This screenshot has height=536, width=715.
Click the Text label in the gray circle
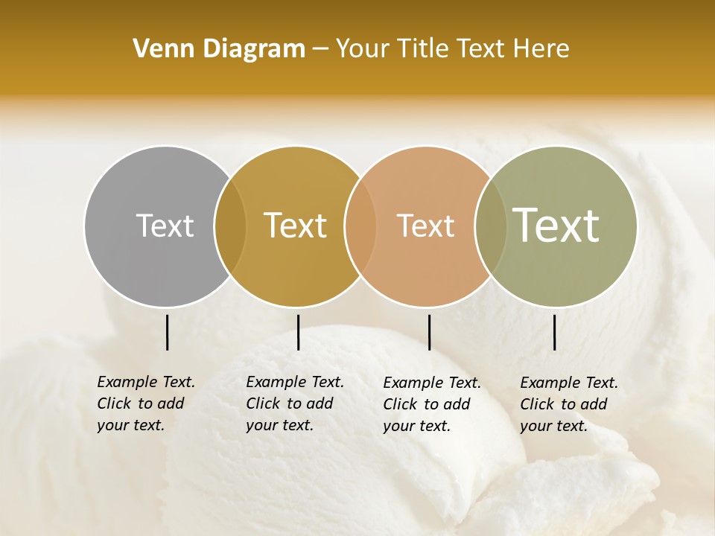coord(165,226)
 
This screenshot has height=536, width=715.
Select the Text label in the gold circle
coord(296,226)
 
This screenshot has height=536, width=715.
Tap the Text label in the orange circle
coord(425,226)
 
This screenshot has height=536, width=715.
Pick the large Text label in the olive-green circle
coord(556,226)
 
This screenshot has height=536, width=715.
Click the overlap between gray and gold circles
coord(230,226)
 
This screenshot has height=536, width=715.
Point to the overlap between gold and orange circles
coord(360,226)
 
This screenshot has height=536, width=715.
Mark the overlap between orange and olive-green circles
coord(491,226)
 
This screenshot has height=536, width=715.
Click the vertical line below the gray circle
coord(167,332)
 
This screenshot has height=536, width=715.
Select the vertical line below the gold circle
coord(298,332)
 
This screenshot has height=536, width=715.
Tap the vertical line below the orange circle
coord(429,332)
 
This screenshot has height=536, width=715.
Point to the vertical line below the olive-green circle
coord(554,332)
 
